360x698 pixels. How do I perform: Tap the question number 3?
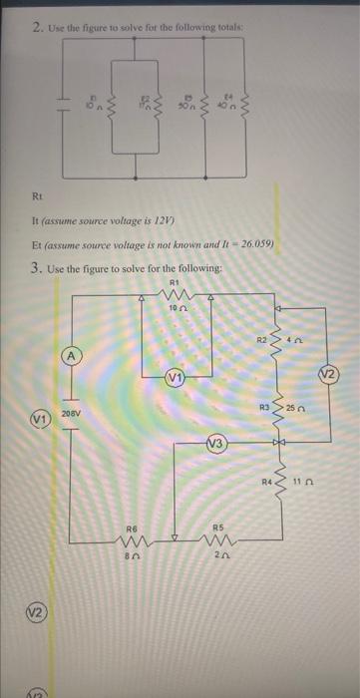pyautogui.click(x=37, y=268)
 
